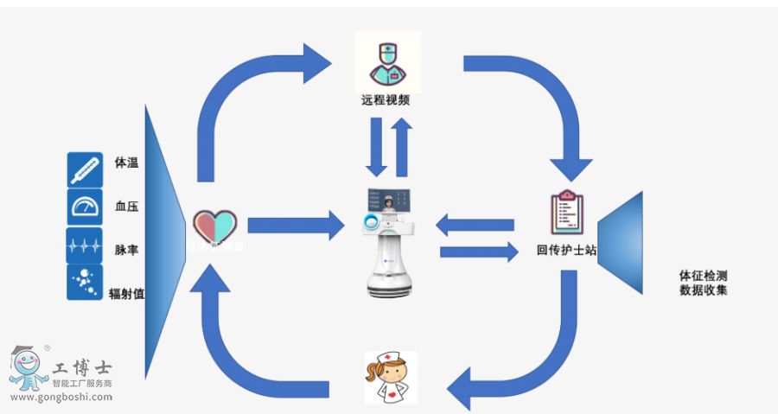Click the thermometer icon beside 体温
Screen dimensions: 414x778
pos(85,170)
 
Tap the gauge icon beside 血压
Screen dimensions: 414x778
pos(85,207)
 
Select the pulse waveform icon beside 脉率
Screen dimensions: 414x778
pos(85,245)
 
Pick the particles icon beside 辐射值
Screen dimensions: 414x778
pos(85,283)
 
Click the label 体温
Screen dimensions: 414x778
pos(126,162)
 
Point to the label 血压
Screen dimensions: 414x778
pos(126,207)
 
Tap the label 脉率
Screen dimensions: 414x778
pos(126,250)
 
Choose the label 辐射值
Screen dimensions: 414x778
pos(126,294)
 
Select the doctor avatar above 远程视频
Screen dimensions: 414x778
pos(387,61)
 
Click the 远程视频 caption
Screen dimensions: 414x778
pos(386,100)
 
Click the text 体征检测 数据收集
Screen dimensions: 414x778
pos(703,283)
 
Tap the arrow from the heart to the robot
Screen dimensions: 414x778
pos(295,226)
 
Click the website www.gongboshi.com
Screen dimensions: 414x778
pos(61,397)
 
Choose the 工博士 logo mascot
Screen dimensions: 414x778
pos(28,368)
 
